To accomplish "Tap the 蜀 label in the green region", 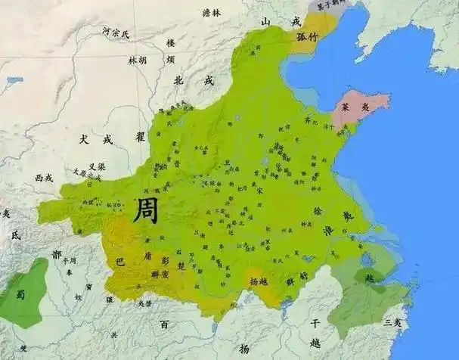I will [x=20, y=294].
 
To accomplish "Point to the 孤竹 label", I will [x=309, y=35].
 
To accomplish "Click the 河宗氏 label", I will [x=116, y=33].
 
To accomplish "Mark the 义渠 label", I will [x=97, y=166].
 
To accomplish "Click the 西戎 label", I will [x=44, y=178].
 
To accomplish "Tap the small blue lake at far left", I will [x=14, y=79].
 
